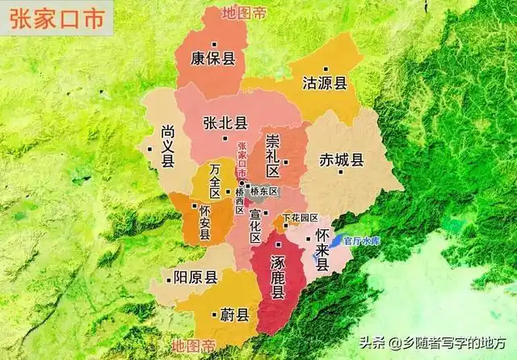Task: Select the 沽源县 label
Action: [x=324, y=82]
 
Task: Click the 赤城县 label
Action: [x=342, y=158]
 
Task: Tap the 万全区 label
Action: [x=214, y=180]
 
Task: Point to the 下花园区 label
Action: [x=301, y=218]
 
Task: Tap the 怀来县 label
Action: [x=322, y=247]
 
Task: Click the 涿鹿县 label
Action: [x=277, y=275]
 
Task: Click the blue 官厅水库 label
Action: [x=361, y=241]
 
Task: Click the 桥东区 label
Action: [x=263, y=191]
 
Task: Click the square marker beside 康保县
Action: [x=214, y=44]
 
